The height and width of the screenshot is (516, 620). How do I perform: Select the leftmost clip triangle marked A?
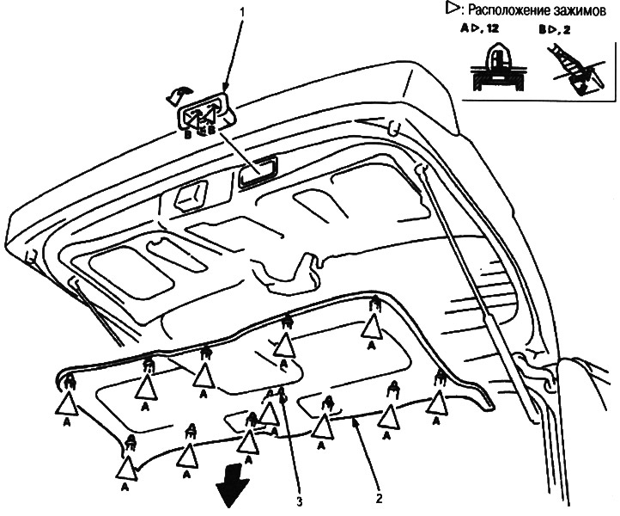[67, 402]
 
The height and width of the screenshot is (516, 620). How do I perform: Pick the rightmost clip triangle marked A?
[436, 400]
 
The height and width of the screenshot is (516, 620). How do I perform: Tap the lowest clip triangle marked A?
[128, 468]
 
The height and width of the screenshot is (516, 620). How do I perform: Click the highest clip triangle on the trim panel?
[373, 327]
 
